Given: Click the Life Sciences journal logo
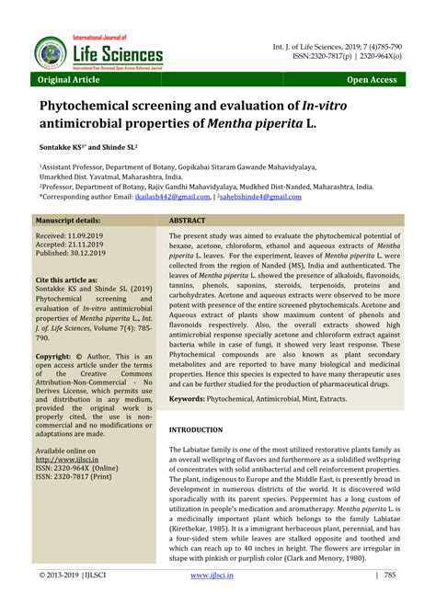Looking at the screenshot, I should [98, 51].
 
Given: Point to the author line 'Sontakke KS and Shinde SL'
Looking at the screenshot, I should [88, 145].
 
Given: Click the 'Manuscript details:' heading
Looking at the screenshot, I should [69, 222].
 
